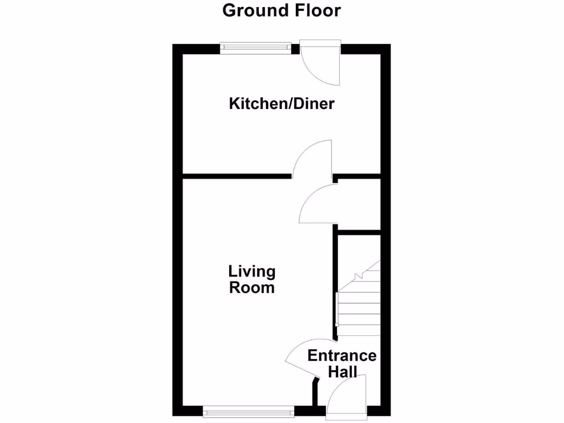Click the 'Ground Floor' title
pos(281,10)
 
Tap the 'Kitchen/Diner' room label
pos(281,104)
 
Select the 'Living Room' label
pos(252,279)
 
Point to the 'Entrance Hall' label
pos(342,364)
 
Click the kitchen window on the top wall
pos(254,48)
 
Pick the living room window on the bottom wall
pos(248,410)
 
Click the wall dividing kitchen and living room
pos(237,176)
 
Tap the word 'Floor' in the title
pos(318,10)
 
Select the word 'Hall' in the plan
pos(342,372)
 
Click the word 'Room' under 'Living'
pos(252,288)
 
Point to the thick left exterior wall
pos(177,231)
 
